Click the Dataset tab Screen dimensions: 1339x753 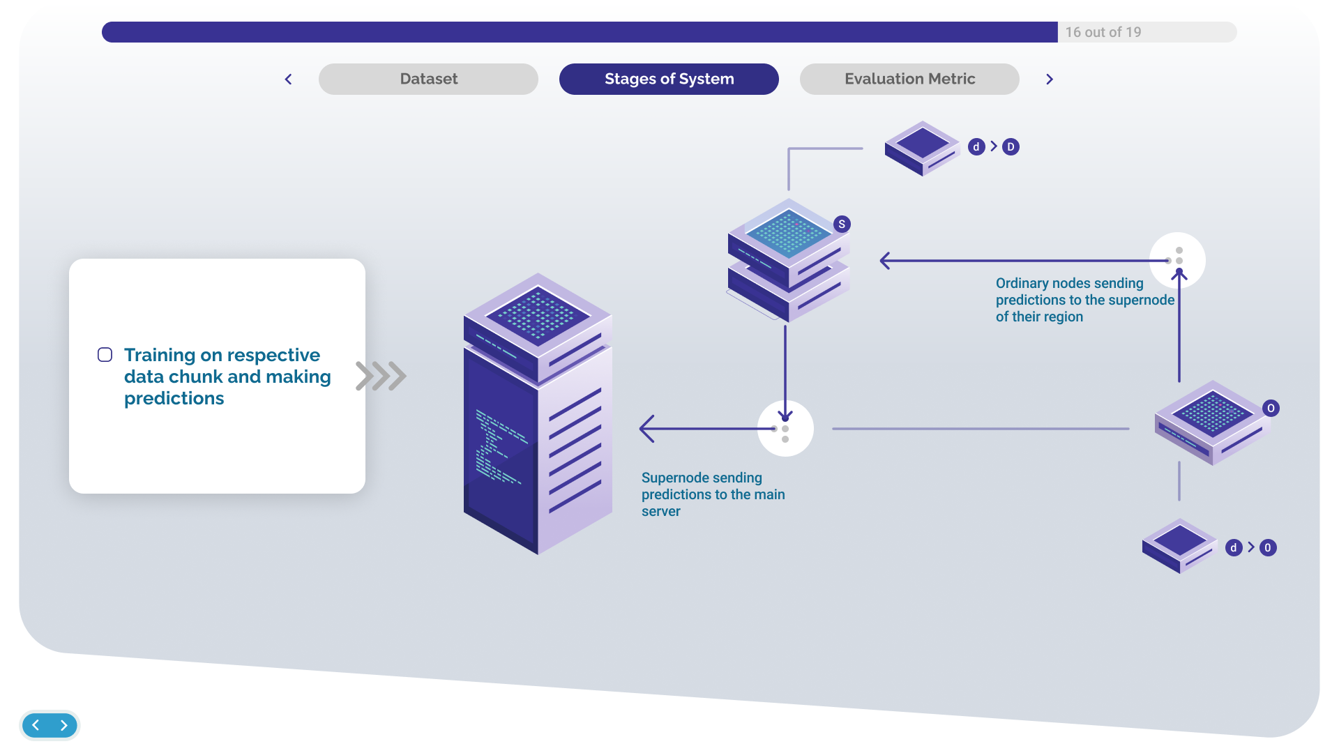tap(428, 79)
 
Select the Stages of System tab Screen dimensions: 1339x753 tap(669, 79)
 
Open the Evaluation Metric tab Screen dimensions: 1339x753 tap(909, 79)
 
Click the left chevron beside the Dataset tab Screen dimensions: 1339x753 tap(288, 79)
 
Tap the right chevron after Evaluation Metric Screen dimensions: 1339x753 tap(1050, 79)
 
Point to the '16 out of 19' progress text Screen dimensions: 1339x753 tap(1103, 32)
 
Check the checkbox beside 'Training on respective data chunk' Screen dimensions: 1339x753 tap(105, 355)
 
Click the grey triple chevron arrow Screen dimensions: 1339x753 tap(381, 376)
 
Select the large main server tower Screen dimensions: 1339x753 tap(538, 413)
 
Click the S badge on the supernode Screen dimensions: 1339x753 tap(842, 225)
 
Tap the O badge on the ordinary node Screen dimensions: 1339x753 tap(1271, 409)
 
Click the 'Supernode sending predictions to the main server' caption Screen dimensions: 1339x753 tap(713, 494)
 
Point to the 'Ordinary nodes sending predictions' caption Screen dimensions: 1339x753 tap(1085, 300)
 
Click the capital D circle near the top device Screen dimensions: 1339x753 tap(1011, 147)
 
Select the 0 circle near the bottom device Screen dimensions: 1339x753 tap(1268, 548)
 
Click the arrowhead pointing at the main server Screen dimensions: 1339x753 tap(646, 429)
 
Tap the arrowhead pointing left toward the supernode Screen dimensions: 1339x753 tap(885, 261)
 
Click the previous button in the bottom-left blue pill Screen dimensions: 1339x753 tap(36, 725)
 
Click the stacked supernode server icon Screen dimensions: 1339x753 tap(789, 260)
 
